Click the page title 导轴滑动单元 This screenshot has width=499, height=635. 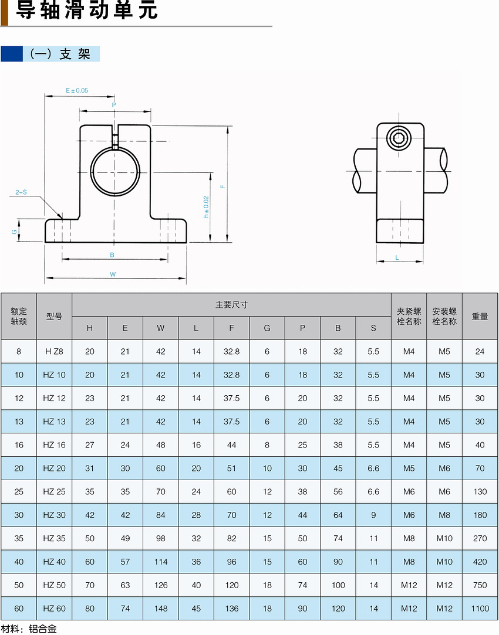tap(87, 11)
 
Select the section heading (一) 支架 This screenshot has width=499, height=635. tap(60, 54)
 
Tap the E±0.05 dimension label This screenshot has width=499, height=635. tap(76, 90)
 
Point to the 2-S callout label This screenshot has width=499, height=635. tap(21, 192)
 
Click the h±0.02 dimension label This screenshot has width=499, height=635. tap(206, 207)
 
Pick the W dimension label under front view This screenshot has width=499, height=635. tap(113, 274)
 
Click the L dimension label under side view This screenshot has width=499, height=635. tap(397, 257)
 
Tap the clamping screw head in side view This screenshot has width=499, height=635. tap(399, 138)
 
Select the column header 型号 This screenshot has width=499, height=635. tap(54, 316)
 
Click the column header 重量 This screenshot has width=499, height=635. tap(480, 316)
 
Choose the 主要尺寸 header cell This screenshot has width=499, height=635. tap(231, 304)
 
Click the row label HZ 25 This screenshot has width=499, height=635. tap(54, 491)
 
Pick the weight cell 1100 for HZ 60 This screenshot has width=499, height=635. tap(480, 608)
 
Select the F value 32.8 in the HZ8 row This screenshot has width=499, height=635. tap(231, 351)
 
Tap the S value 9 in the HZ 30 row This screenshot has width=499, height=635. tap(373, 515)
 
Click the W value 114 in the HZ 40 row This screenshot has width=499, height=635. tap(160, 562)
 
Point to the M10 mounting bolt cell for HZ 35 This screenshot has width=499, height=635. tap(444, 538)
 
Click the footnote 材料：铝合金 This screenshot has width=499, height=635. tap(29, 629)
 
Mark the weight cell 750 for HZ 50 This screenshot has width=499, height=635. tap(480, 585)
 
